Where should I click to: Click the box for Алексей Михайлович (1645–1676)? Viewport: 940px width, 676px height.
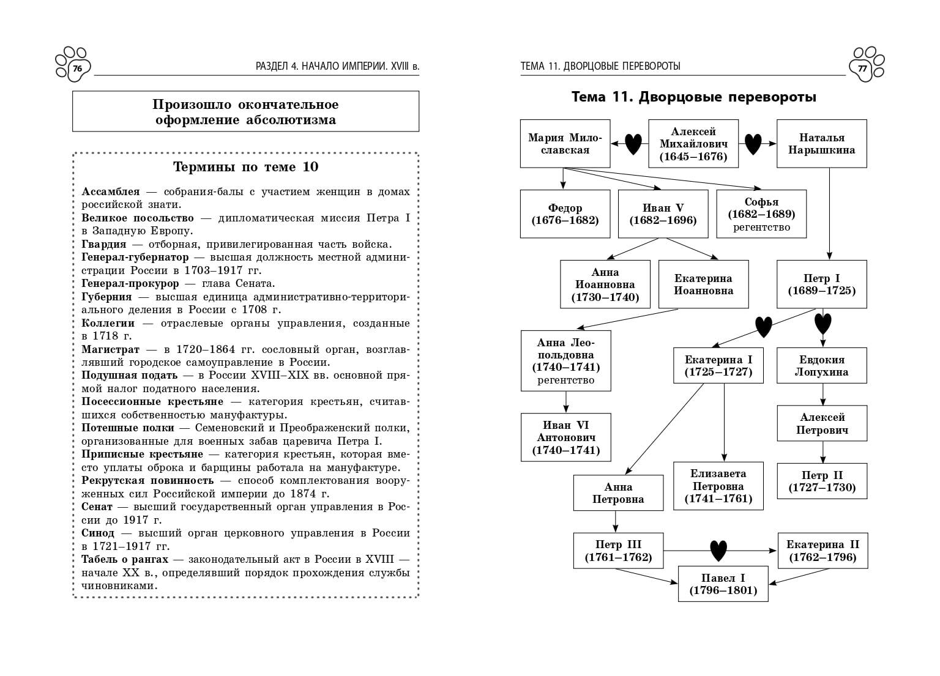pos(693,144)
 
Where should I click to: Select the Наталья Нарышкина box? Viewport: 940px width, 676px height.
pos(821,144)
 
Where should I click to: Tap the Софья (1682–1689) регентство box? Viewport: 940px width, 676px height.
pos(761,214)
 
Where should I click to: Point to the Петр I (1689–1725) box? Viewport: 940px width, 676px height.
pos(821,284)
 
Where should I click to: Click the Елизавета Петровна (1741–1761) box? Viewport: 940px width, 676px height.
pos(718,486)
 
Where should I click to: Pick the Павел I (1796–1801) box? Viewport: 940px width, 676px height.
pos(723,584)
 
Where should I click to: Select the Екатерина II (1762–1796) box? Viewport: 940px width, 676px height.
pos(822,551)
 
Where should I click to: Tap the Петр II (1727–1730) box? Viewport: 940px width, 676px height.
pos(822,481)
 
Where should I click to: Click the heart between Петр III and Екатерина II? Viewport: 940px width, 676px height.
pos(718,551)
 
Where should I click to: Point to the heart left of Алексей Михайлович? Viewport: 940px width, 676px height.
pos(633,144)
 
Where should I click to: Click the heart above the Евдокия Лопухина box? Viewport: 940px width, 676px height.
pos(822,322)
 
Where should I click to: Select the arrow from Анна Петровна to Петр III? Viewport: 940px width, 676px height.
pos(616,521)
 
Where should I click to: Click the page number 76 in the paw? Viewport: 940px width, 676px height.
pos(77,69)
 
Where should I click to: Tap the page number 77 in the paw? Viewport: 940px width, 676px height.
pos(863,69)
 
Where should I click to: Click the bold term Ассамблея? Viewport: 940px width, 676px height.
pos(111,191)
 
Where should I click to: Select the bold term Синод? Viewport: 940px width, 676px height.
pos(98,533)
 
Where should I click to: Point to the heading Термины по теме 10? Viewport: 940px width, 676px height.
pos(245,167)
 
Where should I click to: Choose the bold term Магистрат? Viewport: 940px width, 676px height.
pos(111,349)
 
